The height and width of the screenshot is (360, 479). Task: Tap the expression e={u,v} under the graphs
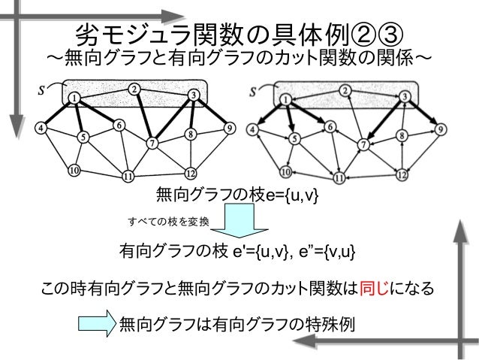(287, 197)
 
